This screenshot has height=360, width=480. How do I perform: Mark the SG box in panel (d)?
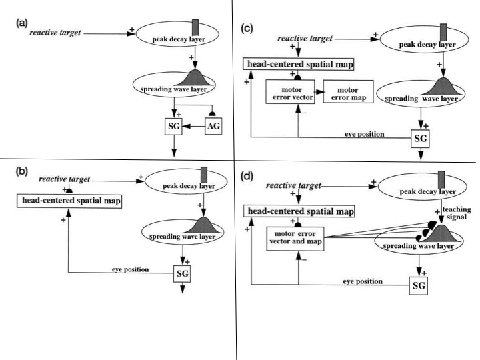point(418,285)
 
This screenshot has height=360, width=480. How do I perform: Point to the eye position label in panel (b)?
point(129,269)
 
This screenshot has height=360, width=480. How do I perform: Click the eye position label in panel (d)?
point(365,282)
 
